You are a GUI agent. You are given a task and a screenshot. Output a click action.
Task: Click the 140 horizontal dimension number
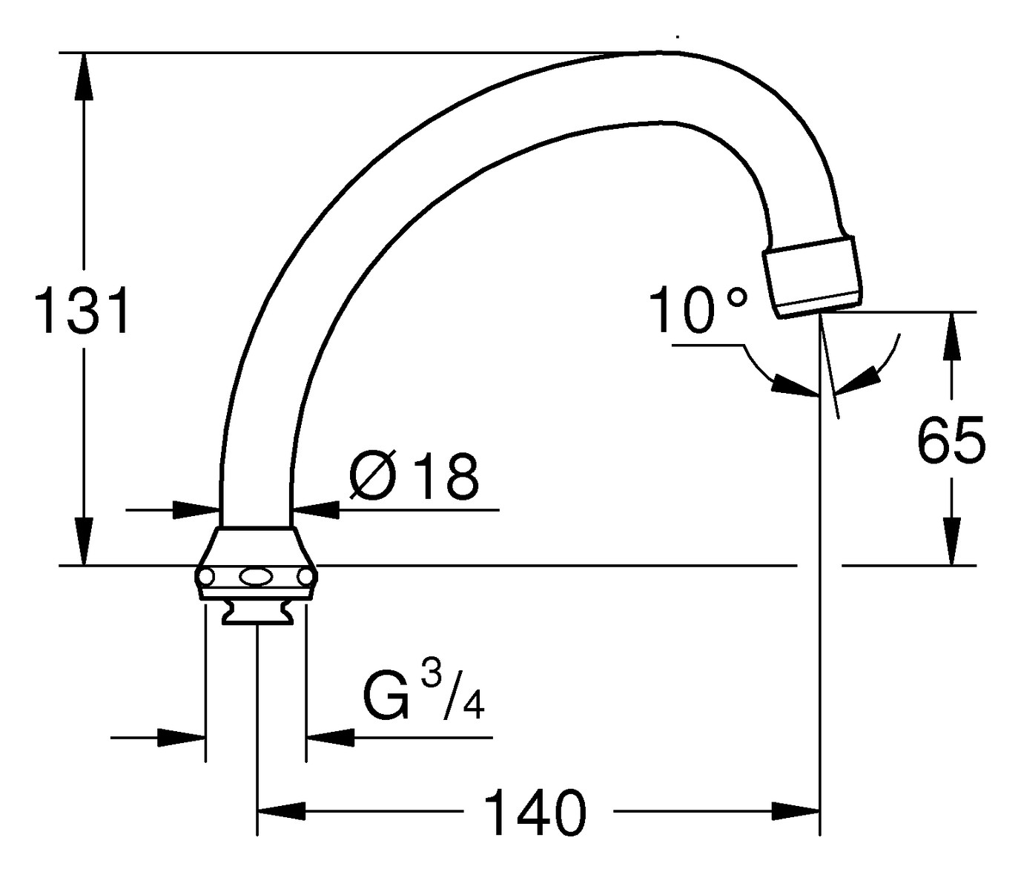535,813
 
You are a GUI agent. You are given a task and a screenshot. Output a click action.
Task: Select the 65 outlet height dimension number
951,440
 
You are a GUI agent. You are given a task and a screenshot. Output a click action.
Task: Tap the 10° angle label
696,309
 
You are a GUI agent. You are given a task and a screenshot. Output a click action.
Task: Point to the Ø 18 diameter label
414,476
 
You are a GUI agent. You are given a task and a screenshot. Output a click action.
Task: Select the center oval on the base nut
256,576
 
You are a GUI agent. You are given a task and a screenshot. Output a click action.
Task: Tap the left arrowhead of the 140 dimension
282,811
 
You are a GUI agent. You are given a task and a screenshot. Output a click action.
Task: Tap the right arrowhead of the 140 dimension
795,811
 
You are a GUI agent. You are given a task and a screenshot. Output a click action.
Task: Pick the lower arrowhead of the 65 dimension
951,541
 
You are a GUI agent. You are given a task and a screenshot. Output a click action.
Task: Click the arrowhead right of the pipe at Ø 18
317,509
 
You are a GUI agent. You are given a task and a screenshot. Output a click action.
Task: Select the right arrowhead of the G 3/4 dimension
331,737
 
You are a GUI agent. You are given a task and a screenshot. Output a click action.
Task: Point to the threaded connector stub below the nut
256,612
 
